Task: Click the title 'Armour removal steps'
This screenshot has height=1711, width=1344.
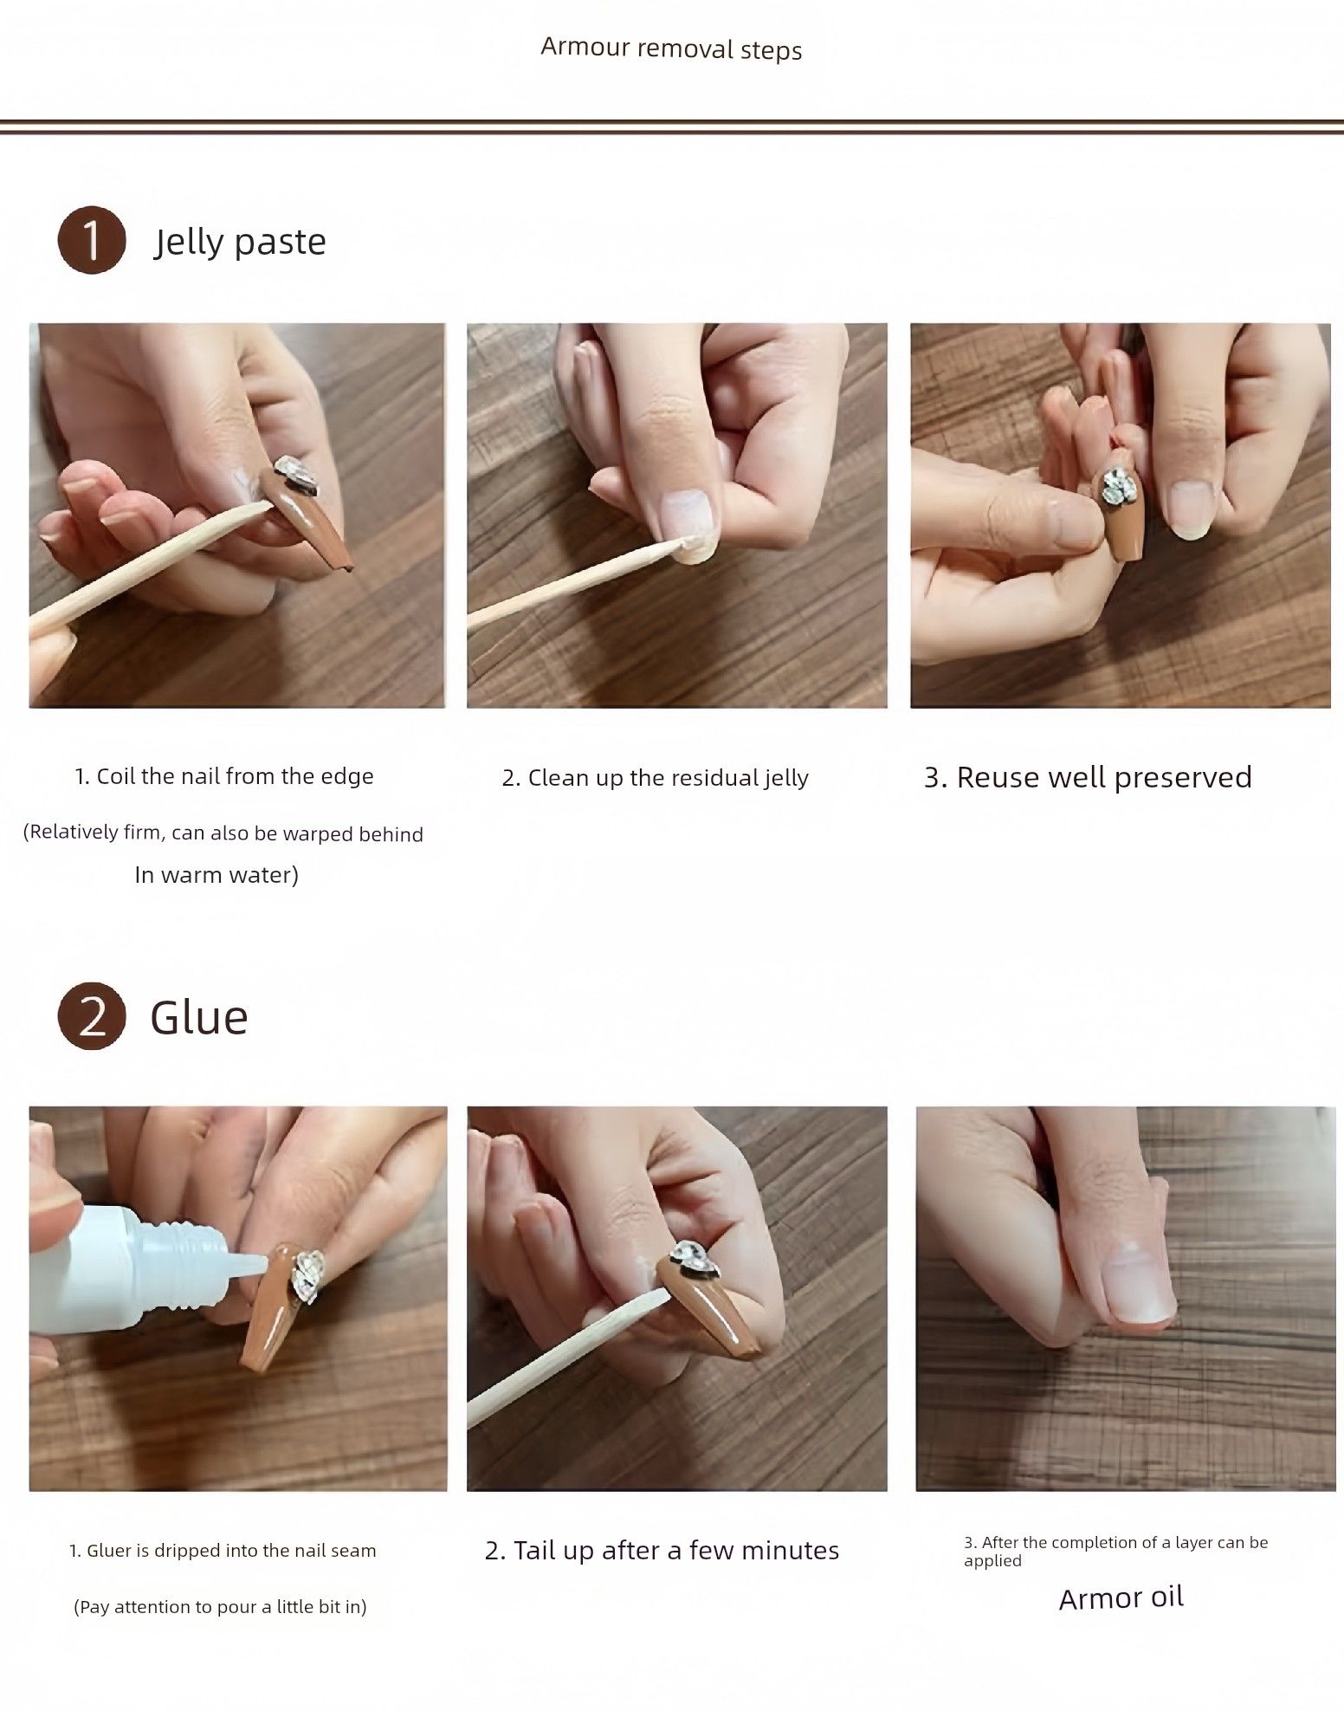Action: coord(671,49)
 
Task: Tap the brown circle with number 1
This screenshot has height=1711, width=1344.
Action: coord(92,240)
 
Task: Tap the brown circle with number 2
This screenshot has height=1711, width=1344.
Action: coord(92,1015)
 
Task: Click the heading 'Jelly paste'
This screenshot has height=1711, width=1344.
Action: coord(240,242)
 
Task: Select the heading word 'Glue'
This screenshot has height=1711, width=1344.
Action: coord(199,1017)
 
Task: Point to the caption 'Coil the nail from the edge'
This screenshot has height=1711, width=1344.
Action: coord(235,776)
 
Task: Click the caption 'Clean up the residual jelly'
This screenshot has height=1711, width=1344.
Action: coord(668,778)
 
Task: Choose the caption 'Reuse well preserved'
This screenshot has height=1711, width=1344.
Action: coord(1104,777)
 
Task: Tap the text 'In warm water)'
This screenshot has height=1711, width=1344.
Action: coord(216,875)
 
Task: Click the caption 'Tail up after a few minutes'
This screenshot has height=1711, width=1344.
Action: coord(676,1550)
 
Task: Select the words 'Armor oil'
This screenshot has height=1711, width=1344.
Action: coord(1121,1598)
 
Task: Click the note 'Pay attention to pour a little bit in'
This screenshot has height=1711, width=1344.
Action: coord(220,1607)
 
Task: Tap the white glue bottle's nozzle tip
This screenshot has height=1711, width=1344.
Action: coord(261,1264)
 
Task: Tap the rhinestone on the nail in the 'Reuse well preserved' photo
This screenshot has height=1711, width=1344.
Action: coord(1117,488)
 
